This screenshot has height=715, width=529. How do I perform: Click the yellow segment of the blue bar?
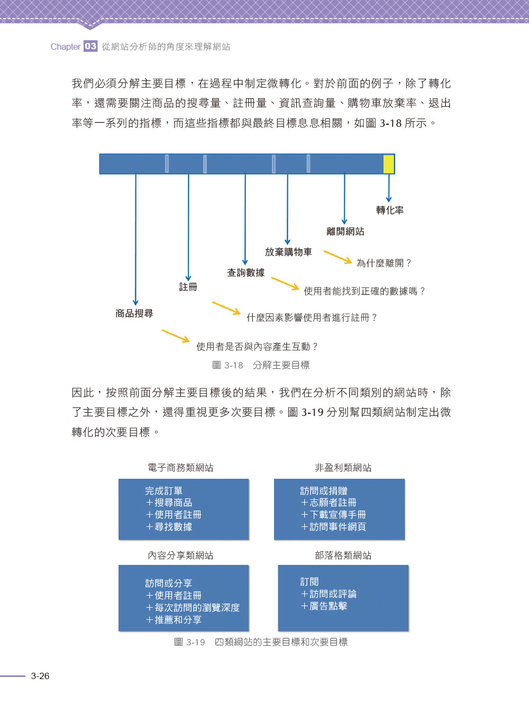pos(389,164)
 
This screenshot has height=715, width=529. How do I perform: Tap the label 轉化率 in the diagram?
pos(390,210)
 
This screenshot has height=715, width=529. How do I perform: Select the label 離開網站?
pos(345,231)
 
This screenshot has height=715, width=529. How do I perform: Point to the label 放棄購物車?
pos(288,252)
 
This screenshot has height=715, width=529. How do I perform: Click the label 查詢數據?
pos(246,272)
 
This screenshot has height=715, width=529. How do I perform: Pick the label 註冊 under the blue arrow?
pos(188,286)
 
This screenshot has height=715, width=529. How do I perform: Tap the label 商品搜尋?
pos(134,313)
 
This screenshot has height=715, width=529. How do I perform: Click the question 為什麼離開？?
pos(384,263)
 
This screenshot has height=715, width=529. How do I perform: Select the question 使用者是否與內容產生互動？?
pos(257,347)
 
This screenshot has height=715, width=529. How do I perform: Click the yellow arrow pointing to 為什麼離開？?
pos(338,257)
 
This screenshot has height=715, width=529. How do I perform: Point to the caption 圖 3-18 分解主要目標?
pos(261,365)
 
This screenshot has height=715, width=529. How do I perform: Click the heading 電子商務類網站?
pos(180,468)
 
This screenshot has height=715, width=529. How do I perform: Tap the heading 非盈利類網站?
pos(343,468)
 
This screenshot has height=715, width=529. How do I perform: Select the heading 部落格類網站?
pos(343,555)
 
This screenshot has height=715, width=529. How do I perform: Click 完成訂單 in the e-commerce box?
pos(163,490)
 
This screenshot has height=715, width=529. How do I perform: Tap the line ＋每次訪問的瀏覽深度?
pos(193,607)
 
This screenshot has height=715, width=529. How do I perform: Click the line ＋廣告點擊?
pos(324,606)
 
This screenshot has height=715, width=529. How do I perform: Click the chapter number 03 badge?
pos(90,46)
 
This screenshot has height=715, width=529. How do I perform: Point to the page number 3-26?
pos(40,676)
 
